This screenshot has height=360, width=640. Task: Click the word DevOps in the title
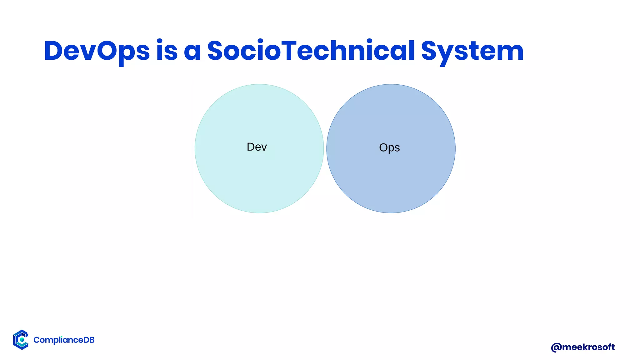click(97, 51)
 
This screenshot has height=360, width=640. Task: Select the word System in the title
click(472, 51)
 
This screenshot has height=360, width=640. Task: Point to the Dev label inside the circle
click(257, 147)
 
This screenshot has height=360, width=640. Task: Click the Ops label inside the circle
click(389, 147)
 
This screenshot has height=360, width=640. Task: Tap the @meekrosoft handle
click(583, 347)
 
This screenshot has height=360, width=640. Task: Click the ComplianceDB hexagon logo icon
click(21, 340)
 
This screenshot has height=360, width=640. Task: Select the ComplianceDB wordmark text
click(64, 340)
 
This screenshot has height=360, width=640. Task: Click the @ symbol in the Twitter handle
click(556, 347)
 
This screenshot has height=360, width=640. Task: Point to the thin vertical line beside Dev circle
click(192, 150)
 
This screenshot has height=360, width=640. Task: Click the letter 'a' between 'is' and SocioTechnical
click(192, 52)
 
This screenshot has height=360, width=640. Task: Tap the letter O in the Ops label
click(383, 147)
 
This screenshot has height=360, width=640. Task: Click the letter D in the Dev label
click(251, 147)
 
